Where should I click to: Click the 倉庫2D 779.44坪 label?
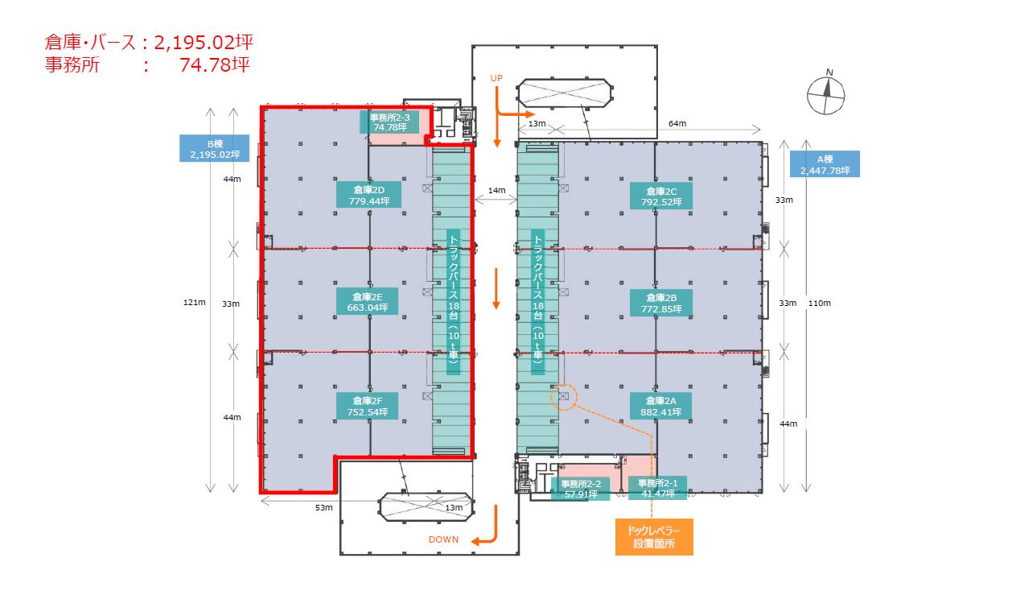tap(368, 195)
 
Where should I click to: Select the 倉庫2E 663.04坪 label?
tap(368, 302)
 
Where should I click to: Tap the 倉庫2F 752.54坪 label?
tap(368, 407)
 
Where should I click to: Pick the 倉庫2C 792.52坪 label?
tap(661, 196)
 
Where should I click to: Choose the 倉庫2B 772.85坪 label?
tap(661, 303)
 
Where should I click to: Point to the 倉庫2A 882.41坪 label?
tap(661, 406)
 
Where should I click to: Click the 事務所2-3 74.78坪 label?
tap(389, 122)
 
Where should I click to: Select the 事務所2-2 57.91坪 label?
tap(581, 489)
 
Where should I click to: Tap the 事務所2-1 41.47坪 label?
tap(658, 488)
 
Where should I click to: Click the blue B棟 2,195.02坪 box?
tap(215, 148)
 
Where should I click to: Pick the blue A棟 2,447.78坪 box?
tap(825, 164)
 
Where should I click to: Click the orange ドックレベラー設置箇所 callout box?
tap(654, 537)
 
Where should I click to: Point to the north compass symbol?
tap(826, 94)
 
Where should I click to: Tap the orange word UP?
tap(496, 78)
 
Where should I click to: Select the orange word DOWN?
tap(443, 539)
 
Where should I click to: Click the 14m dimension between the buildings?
tap(496, 191)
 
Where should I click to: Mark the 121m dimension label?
tap(194, 302)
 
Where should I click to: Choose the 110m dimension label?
tap(820, 304)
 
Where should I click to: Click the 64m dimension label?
tap(677, 123)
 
